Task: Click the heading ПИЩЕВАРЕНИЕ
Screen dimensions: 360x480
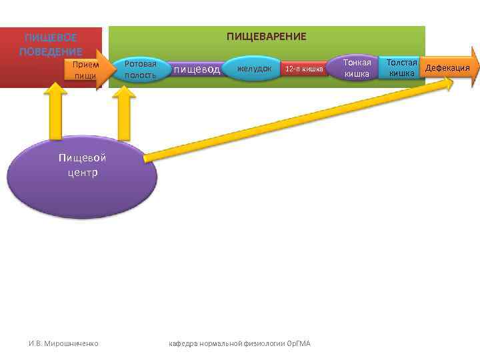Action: pyautogui.click(x=266, y=36)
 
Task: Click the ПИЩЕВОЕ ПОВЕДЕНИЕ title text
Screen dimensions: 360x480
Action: pyautogui.click(x=51, y=45)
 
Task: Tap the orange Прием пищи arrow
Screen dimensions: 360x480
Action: pyautogui.click(x=87, y=70)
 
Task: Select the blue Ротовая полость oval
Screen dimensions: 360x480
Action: pyautogui.click(x=141, y=69)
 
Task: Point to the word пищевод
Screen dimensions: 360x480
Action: pyautogui.click(x=197, y=69)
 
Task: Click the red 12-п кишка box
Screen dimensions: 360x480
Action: pyautogui.click(x=303, y=69)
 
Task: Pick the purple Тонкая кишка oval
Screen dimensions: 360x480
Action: pyautogui.click(x=356, y=68)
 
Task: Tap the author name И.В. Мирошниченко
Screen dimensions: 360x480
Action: pyautogui.click(x=63, y=343)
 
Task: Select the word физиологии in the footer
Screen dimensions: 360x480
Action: pyautogui.click(x=265, y=343)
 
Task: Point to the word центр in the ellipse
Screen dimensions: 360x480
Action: pyautogui.click(x=82, y=173)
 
